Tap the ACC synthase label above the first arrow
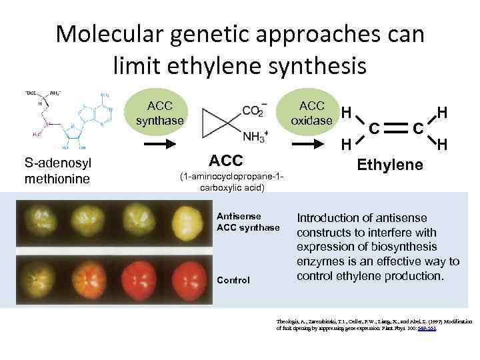click(x=159, y=113)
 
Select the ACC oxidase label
click(x=312, y=113)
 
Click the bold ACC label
click(x=226, y=160)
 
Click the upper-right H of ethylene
click(x=441, y=109)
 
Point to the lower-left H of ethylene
click(x=345, y=143)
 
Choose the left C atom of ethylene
click(x=375, y=124)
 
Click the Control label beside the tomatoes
click(x=233, y=280)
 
